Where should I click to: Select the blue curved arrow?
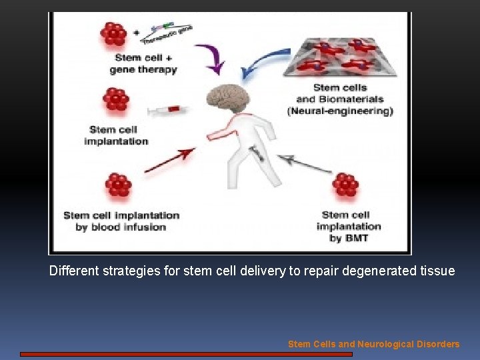261,65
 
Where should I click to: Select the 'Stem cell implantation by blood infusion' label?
121,221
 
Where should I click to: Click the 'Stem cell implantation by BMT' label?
348,227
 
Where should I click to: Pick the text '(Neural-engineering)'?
340,111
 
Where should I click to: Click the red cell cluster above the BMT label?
345,185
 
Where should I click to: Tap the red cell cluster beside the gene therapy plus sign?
113,34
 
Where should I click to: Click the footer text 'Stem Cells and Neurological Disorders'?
373,344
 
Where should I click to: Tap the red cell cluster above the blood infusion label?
118,186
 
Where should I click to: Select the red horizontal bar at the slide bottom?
186,355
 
